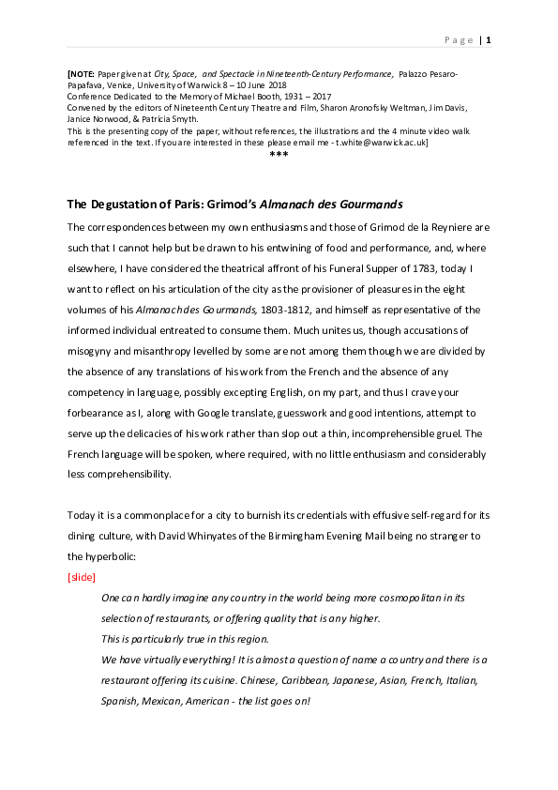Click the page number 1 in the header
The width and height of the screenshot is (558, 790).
click(489, 39)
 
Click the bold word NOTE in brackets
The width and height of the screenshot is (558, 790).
click(83, 72)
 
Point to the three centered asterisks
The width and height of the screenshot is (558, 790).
click(279, 154)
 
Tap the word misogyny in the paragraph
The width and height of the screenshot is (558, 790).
click(92, 350)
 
